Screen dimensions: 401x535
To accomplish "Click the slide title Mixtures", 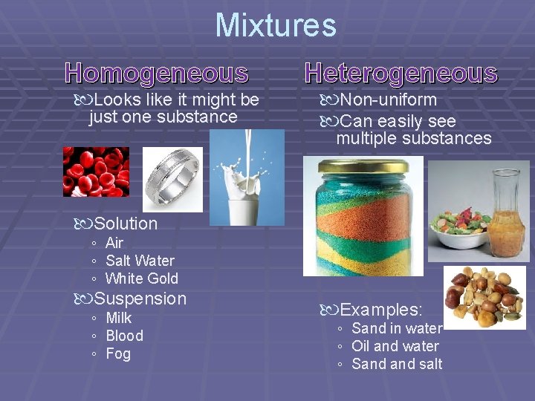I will coord(276,25).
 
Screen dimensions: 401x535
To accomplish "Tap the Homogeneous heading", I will coord(157,73).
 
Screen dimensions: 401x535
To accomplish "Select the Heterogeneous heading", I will coord(401,73).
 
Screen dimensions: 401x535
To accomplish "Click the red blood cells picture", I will coord(96,171).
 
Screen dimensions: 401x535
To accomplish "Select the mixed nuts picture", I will coord(484,297).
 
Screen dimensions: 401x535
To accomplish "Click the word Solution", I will coord(126,224).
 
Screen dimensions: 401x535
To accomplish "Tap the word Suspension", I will coord(140,299).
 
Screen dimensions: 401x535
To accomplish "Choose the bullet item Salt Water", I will coord(140,261).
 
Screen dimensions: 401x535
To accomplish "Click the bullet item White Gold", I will coord(142,278).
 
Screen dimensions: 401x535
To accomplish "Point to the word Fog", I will coord(118,353).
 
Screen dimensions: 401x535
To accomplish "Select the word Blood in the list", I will coord(124,336).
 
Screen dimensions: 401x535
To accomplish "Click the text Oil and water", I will coord(395,346).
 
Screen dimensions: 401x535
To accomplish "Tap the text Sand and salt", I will coord(397,364).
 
